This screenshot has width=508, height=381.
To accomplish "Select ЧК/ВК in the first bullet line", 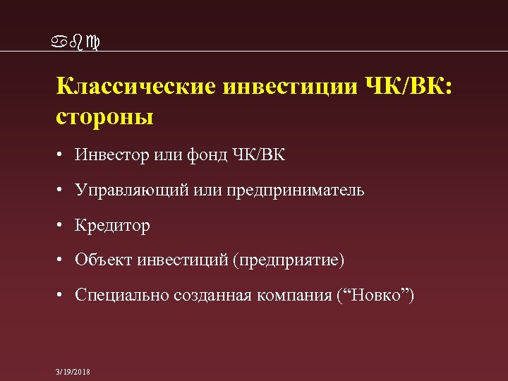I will (x=258, y=155).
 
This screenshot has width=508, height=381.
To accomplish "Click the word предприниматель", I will (x=295, y=190).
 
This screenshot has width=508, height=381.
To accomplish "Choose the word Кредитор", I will (x=113, y=226).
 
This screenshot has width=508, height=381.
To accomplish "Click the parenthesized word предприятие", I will (x=293, y=261).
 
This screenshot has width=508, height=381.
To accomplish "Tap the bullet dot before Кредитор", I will (x=63, y=226).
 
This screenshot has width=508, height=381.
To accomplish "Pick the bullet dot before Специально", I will (x=63, y=296).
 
